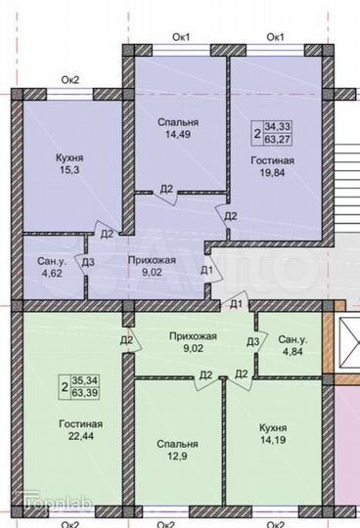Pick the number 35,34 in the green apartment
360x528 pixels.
[87, 381]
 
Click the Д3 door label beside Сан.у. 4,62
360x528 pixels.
[88, 261]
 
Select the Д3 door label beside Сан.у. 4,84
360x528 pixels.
[252, 341]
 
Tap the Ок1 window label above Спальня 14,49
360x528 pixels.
[181, 37]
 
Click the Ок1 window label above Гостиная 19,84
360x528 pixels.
[275, 37]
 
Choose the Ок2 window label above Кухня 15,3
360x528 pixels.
[70, 79]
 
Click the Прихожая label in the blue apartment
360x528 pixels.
[152, 259]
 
